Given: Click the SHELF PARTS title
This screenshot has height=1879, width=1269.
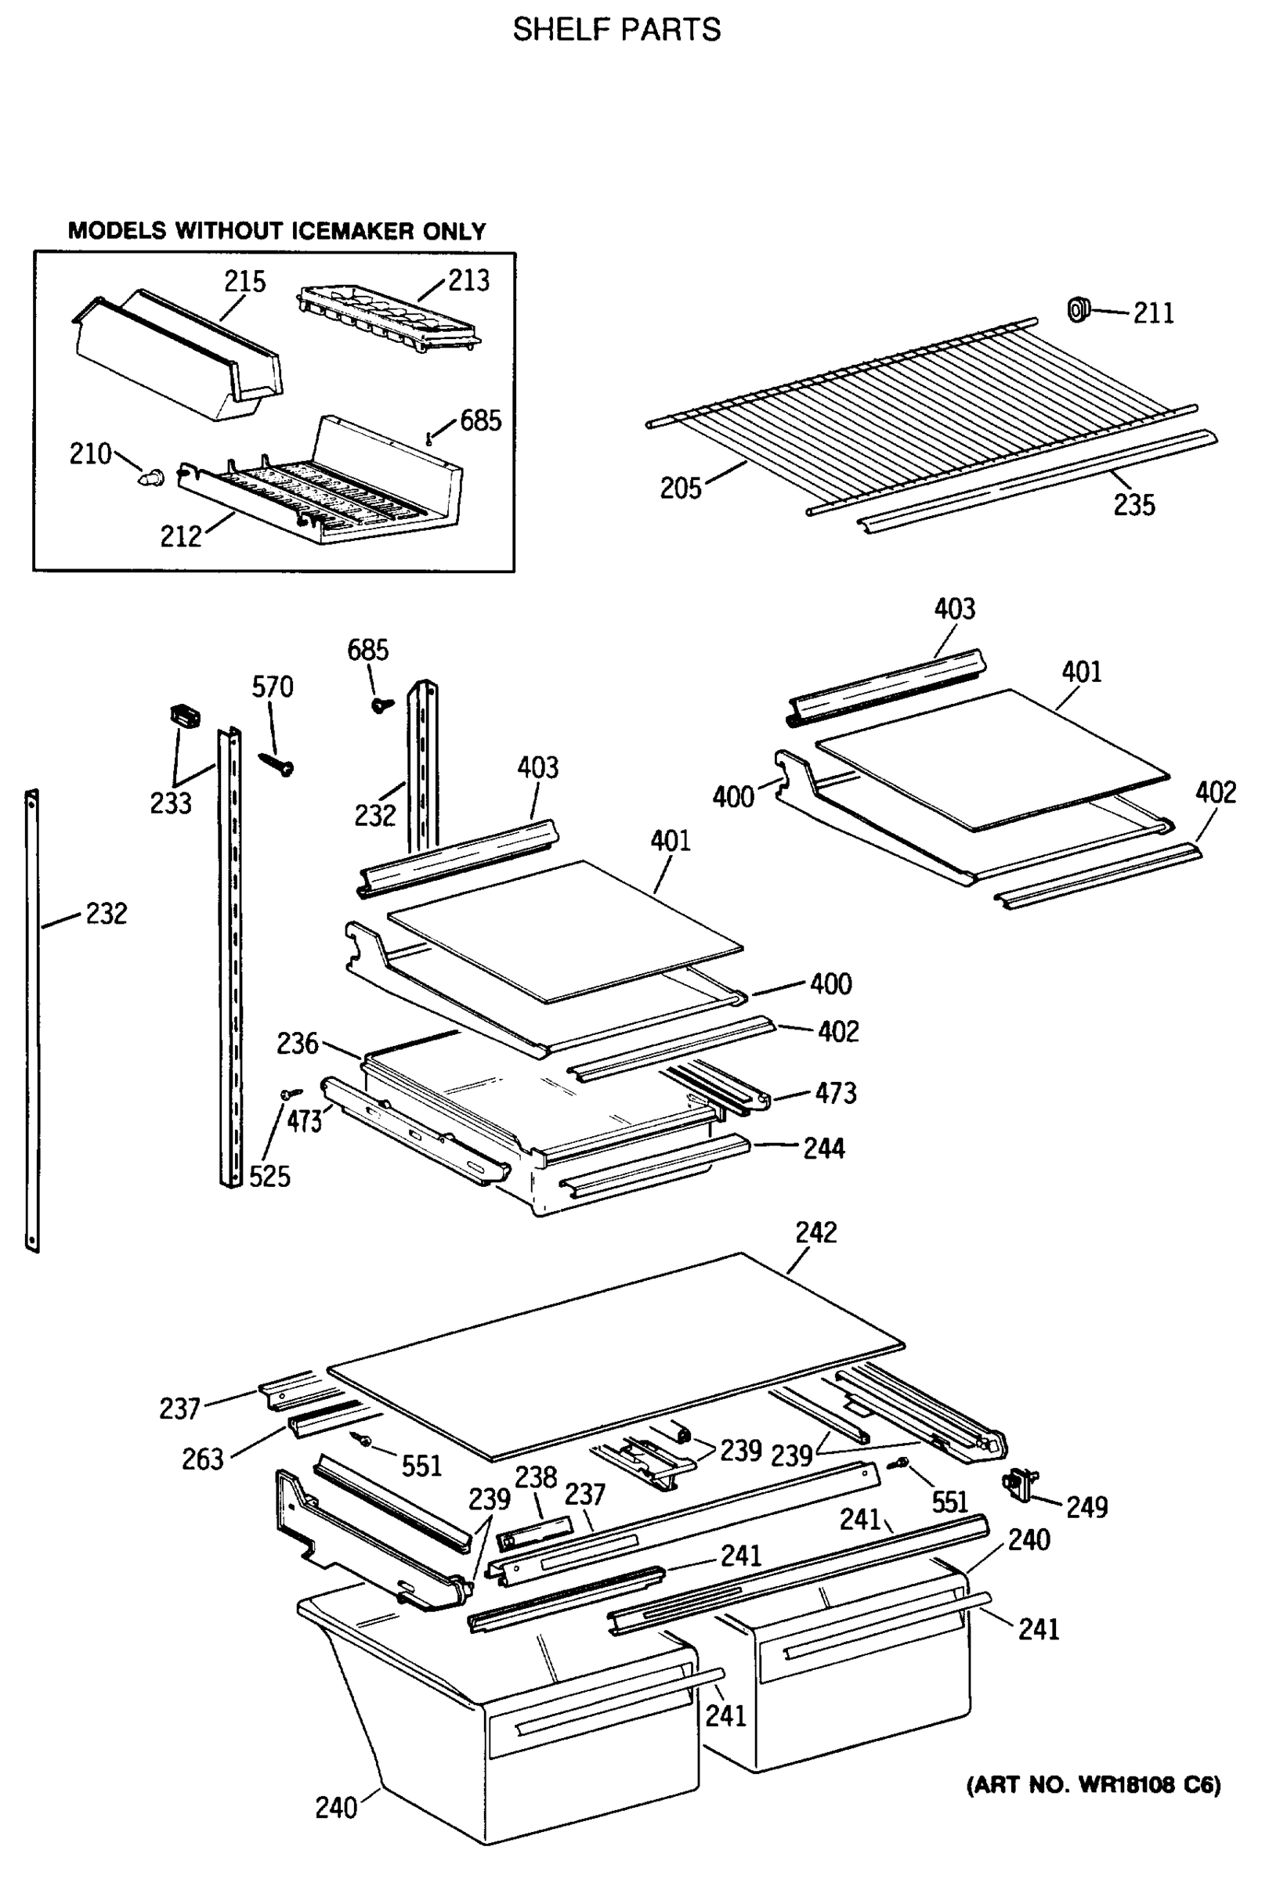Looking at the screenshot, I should (x=616, y=30).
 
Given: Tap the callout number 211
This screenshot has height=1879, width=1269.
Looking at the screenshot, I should (x=1152, y=313).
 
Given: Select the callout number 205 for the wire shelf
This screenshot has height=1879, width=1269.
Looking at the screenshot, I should (x=680, y=489).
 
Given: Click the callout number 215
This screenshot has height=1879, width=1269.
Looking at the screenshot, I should (x=244, y=281).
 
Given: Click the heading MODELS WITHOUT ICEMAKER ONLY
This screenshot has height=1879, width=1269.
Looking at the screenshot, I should (x=277, y=231).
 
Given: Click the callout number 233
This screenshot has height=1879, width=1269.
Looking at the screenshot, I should (x=170, y=802).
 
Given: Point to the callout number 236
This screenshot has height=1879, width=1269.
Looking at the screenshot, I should (x=297, y=1043).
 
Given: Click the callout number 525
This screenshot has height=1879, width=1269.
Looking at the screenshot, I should (x=269, y=1177).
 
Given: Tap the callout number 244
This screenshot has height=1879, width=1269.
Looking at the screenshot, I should (x=823, y=1148).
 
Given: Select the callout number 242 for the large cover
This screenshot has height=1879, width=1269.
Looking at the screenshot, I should (x=815, y=1232).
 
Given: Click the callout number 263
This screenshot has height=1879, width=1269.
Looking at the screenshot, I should (x=201, y=1459).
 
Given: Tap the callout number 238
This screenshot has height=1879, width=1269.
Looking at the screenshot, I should (x=536, y=1477).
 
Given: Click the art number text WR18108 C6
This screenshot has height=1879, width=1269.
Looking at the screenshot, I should (x=1094, y=1784).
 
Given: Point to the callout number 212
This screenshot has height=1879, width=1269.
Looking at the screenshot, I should (x=180, y=536).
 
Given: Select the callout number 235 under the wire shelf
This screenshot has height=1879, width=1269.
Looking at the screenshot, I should (x=1134, y=505).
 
